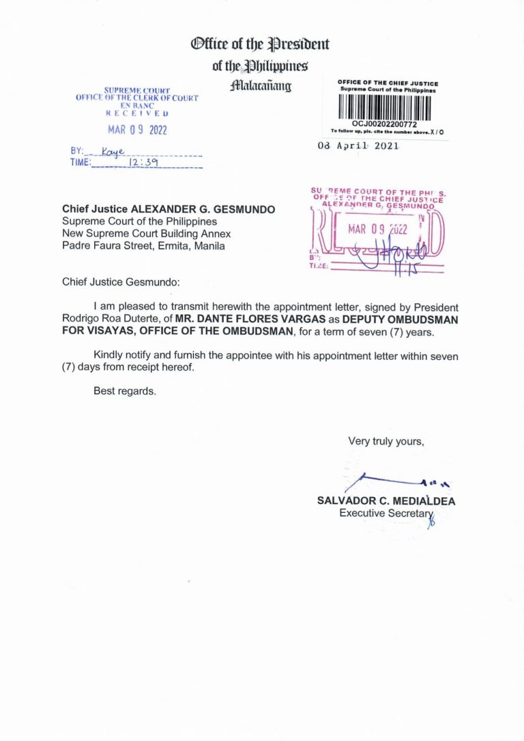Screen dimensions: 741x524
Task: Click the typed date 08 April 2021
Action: (358, 146)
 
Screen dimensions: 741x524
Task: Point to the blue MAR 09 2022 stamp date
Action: (138, 130)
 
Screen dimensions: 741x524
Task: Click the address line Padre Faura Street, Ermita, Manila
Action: (143, 246)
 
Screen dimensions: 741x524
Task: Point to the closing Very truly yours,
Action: (386, 441)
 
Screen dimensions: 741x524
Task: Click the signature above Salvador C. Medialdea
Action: (396, 481)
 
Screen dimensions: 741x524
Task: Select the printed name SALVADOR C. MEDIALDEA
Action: (387, 501)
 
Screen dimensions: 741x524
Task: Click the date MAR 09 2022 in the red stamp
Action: (378, 229)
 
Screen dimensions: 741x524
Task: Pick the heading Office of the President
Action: (260, 45)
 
